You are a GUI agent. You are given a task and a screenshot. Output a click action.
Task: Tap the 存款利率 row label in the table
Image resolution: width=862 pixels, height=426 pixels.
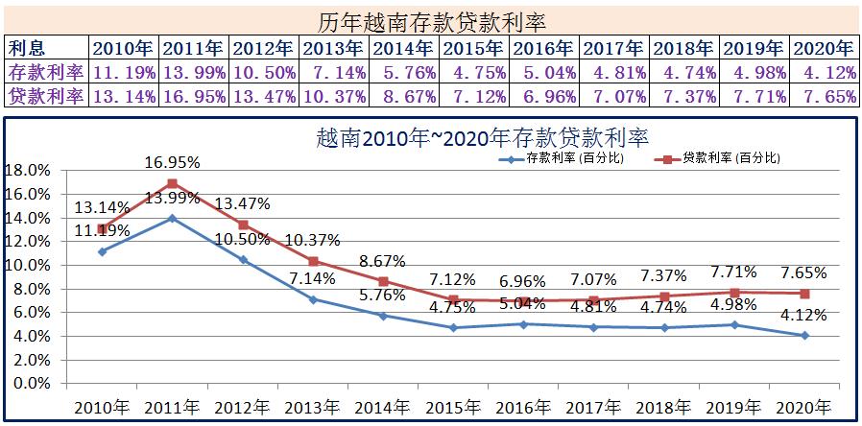click(x=46, y=72)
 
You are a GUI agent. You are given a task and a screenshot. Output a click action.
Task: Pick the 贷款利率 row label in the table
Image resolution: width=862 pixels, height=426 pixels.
click(x=46, y=96)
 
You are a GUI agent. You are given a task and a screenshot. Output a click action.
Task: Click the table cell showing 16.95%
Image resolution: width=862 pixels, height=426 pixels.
click(x=194, y=96)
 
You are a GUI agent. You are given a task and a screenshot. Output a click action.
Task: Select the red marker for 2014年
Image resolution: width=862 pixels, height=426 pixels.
click(x=383, y=281)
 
